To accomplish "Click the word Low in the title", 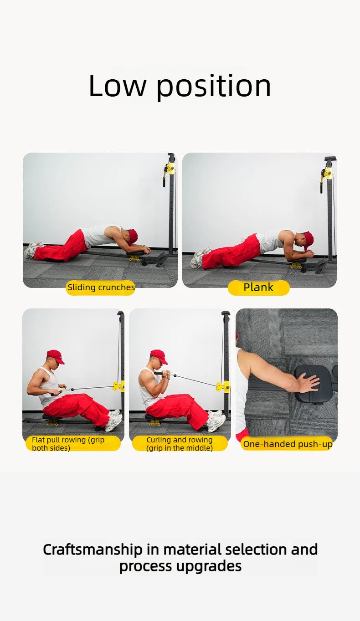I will (x=118, y=86).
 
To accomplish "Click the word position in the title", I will (x=214, y=87).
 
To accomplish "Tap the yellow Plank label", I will (x=258, y=287).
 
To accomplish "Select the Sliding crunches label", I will (x=101, y=287).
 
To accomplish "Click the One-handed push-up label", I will (x=287, y=444).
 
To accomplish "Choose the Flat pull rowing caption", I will (x=73, y=444).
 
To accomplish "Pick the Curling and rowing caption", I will (x=180, y=444).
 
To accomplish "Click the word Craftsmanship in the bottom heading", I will (x=93, y=549).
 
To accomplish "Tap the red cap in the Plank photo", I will (x=309, y=239).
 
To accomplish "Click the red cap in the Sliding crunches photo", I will (x=133, y=236).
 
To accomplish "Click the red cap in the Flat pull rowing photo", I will (x=55, y=355).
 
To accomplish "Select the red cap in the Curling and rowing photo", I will (x=159, y=355).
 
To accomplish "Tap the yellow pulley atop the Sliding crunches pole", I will (x=170, y=168).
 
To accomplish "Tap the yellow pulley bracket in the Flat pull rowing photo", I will (x=118, y=386).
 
